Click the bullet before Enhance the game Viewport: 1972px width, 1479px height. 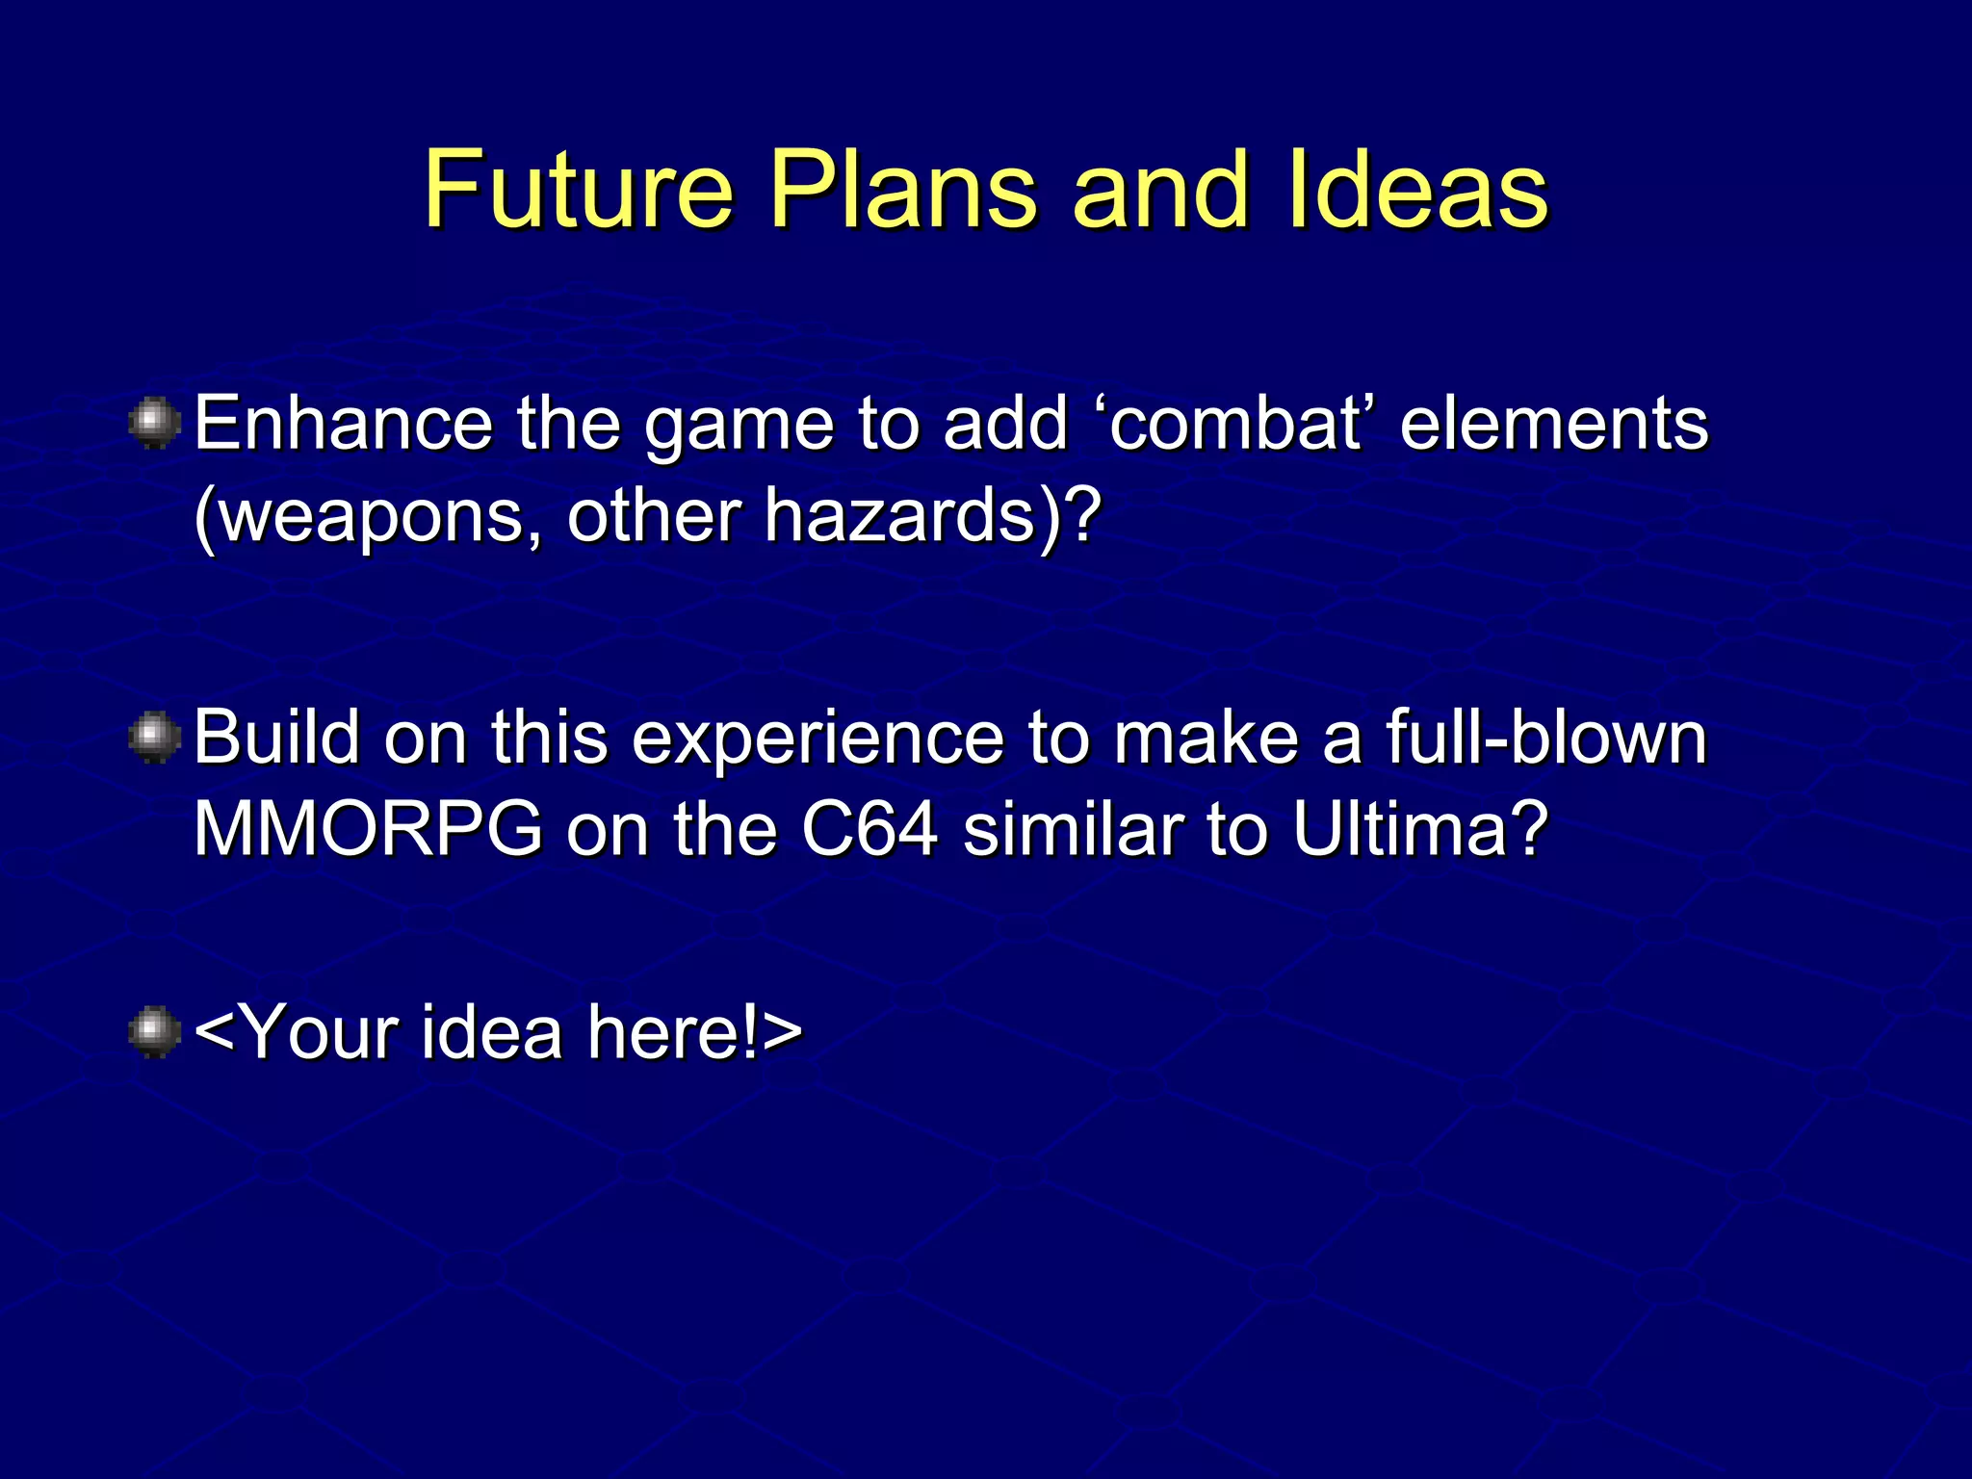(154, 425)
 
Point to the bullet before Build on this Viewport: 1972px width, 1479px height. (154, 739)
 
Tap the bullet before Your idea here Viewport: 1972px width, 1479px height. (154, 1033)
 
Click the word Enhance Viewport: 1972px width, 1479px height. (343, 424)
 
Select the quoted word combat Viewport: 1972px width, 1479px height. (1236, 424)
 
